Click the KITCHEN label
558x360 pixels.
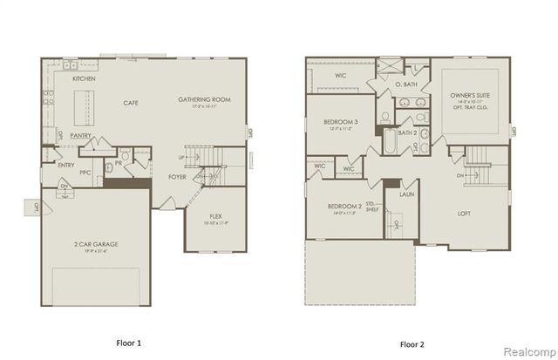coord(84,79)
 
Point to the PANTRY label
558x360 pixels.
coord(81,136)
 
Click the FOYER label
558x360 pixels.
coord(177,176)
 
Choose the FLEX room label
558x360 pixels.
coord(215,215)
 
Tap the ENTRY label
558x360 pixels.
coord(66,164)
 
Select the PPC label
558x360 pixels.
coord(85,173)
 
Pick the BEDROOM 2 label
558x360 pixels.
coord(344,207)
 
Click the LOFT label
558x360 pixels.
coord(465,213)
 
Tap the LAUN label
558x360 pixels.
coord(406,195)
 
